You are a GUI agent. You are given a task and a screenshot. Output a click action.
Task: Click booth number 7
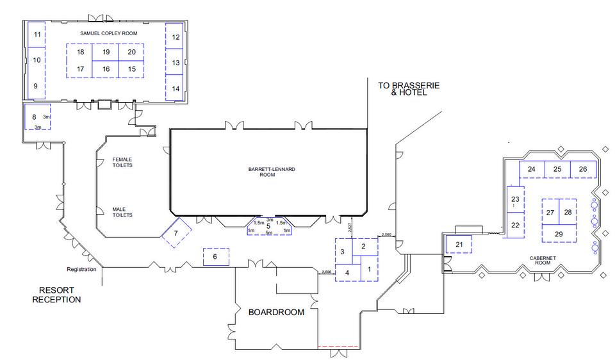pyautogui.click(x=175, y=234)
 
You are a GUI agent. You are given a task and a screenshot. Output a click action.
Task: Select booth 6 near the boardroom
pyautogui.click(x=215, y=257)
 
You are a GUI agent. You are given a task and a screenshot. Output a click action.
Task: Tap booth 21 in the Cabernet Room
pyautogui.click(x=459, y=245)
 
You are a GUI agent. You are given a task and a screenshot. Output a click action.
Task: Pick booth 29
pyautogui.click(x=559, y=234)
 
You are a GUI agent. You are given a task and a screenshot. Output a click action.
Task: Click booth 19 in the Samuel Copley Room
pyautogui.click(x=106, y=52)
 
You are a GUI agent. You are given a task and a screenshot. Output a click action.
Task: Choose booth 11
pyautogui.click(x=37, y=35)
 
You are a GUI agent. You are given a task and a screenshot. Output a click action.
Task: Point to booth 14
pyautogui.click(x=175, y=88)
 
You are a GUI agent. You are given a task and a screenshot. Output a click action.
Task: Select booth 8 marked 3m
pyautogui.click(x=34, y=117)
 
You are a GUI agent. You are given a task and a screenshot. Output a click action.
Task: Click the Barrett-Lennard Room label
pyautogui.click(x=267, y=172)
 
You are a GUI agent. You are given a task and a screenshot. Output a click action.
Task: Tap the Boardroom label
pyautogui.click(x=276, y=313)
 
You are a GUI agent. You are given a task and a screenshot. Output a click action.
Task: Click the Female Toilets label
pyautogui.click(x=122, y=162)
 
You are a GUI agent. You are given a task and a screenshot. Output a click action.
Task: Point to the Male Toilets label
pyautogui.click(x=122, y=212)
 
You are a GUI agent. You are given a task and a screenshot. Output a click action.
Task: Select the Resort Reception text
pyautogui.click(x=57, y=294)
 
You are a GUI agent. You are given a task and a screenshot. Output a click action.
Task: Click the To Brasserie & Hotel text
pyautogui.click(x=402, y=88)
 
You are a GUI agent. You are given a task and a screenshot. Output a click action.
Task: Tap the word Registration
pyautogui.click(x=81, y=269)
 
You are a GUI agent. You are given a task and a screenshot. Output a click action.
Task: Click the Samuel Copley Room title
pyautogui.click(x=108, y=33)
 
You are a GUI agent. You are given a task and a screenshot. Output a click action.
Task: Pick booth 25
pyautogui.click(x=557, y=169)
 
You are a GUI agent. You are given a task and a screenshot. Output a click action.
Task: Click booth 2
pyautogui.click(x=364, y=246)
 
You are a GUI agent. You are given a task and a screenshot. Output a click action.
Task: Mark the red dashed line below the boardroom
pyautogui.click(x=338, y=347)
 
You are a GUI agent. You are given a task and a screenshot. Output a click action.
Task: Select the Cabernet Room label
pyautogui.click(x=540, y=261)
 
